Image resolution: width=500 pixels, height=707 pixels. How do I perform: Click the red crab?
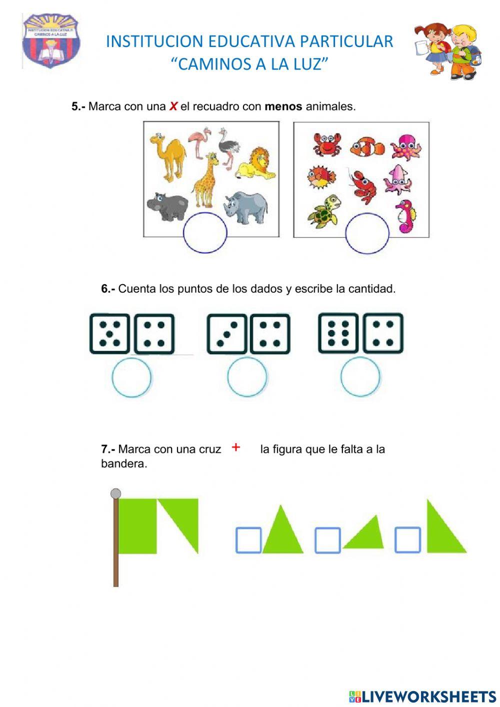point(326,144)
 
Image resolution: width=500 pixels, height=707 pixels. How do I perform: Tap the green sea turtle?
point(325,211)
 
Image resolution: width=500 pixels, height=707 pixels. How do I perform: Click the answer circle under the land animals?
point(205,232)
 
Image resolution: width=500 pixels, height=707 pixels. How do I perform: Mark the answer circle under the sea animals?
point(367,233)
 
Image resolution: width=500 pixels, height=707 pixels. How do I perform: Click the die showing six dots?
point(338,333)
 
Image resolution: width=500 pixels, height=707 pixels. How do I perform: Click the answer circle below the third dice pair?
point(360,377)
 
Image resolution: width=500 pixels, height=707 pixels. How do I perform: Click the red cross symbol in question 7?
point(236,447)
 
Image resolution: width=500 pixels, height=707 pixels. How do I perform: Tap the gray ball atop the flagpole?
point(115,494)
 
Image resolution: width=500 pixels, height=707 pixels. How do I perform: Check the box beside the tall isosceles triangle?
point(248,540)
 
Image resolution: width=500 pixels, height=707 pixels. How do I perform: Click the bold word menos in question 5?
point(283,107)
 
